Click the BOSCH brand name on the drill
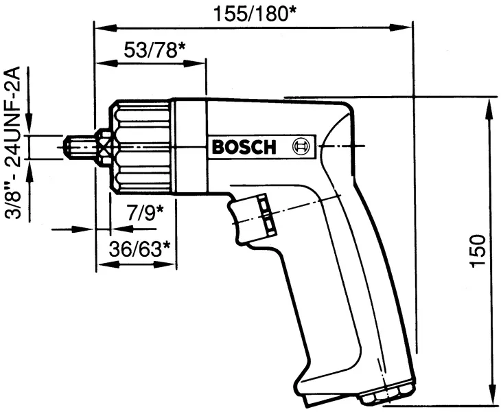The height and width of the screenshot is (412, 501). point(243,147)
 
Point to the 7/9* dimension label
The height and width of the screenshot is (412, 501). point(145,212)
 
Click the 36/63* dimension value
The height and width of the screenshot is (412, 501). point(140,248)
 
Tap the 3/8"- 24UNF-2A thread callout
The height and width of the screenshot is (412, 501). point(13,144)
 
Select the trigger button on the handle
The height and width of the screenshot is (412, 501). point(265,215)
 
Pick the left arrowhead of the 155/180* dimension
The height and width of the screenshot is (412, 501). point(101,28)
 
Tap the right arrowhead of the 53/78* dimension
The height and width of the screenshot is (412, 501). point(199,64)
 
